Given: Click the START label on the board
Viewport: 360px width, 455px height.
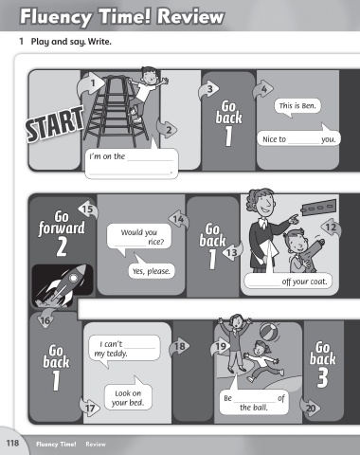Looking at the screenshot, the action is [55, 124].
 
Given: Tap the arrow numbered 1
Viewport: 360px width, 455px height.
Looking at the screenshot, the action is [91, 83].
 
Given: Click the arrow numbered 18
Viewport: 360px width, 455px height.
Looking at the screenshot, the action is [179, 346].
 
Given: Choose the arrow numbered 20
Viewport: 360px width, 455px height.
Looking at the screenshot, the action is [310, 408].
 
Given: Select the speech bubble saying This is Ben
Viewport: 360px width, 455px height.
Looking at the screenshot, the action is [297, 108].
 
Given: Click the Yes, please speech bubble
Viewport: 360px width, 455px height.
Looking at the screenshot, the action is [152, 268].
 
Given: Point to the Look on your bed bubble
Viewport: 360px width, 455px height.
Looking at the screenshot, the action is [128, 395].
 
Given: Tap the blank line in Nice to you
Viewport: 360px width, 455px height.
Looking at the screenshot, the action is [303, 143].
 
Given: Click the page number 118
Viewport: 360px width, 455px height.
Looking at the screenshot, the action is [12, 443].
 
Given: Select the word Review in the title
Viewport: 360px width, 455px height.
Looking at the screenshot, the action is [190, 16].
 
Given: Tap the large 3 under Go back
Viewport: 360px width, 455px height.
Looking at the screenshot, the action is [322, 377].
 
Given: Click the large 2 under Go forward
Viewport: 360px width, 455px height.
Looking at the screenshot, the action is [62, 246].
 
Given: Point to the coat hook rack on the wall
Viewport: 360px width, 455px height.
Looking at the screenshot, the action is [319, 207].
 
